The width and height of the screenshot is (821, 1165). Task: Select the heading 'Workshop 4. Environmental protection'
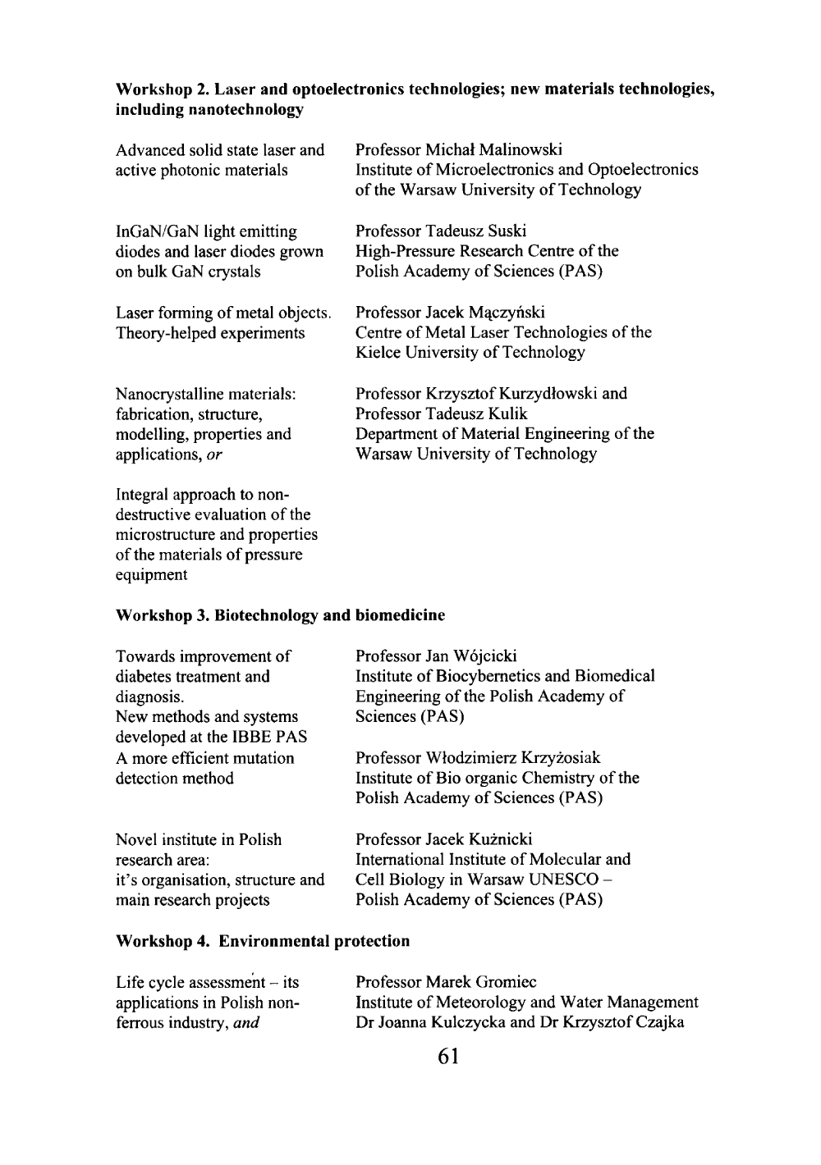(x=263, y=941)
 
